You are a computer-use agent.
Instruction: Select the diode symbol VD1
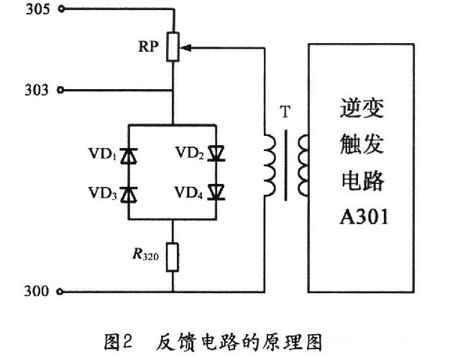(129, 154)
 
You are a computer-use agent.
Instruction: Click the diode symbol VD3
(129, 193)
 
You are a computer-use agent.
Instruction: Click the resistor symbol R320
(173, 257)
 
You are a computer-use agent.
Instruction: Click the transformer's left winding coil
(269, 167)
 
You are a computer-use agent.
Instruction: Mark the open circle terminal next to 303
(60, 91)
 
